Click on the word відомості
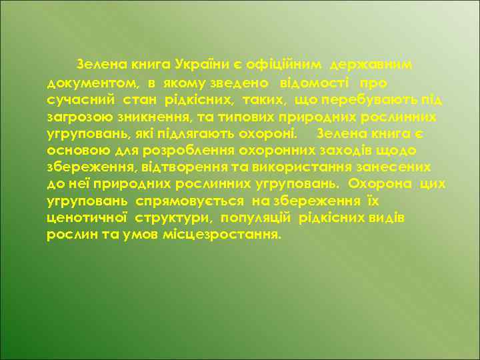point(313,83)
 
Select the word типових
point(253,117)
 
